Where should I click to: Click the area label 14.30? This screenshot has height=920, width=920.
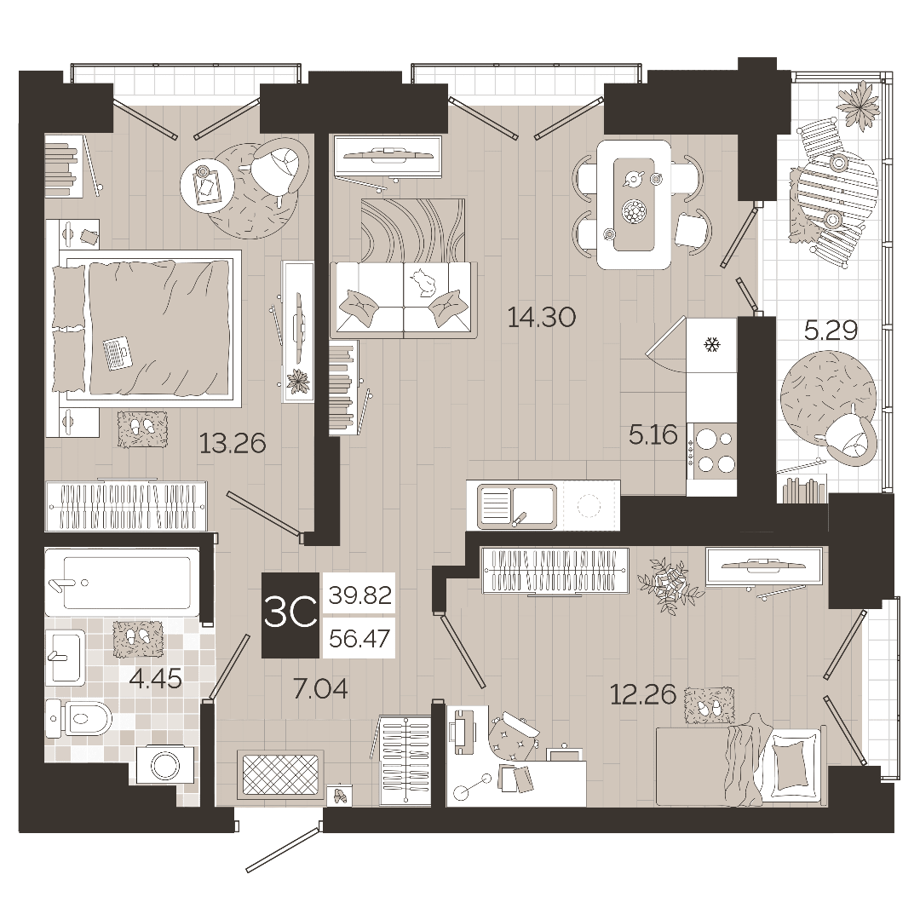pyautogui.click(x=541, y=318)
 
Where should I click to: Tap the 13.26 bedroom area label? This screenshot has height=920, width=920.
pyautogui.click(x=233, y=444)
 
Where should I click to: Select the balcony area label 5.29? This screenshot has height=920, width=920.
pyautogui.click(x=831, y=331)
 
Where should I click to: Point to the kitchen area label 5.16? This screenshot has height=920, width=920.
pyautogui.click(x=653, y=435)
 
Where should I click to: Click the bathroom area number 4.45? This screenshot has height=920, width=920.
pyautogui.click(x=156, y=679)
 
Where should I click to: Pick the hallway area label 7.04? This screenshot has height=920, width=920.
pyautogui.click(x=320, y=689)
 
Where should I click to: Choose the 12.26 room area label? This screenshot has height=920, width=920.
pyautogui.click(x=643, y=695)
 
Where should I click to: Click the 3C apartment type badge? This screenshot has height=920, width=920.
pyautogui.click(x=290, y=614)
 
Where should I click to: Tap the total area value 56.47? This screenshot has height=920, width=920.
pyautogui.click(x=359, y=638)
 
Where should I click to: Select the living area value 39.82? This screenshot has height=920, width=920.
pyautogui.click(x=359, y=595)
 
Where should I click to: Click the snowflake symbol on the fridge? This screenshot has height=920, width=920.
pyautogui.click(x=712, y=345)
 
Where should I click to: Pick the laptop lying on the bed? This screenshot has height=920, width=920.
pyautogui.click(x=117, y=354)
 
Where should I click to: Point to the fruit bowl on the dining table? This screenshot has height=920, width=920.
pyautogui.click(x=633, y=210)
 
